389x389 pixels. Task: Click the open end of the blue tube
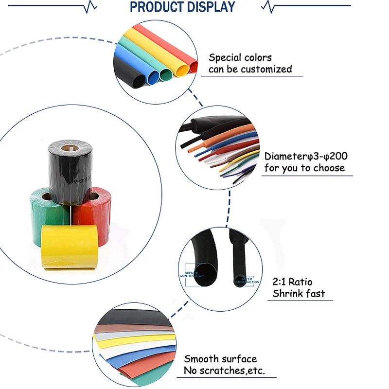[153, 76]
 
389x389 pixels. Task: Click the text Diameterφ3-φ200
[306, 156]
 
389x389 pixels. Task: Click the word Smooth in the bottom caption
[201, 359]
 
